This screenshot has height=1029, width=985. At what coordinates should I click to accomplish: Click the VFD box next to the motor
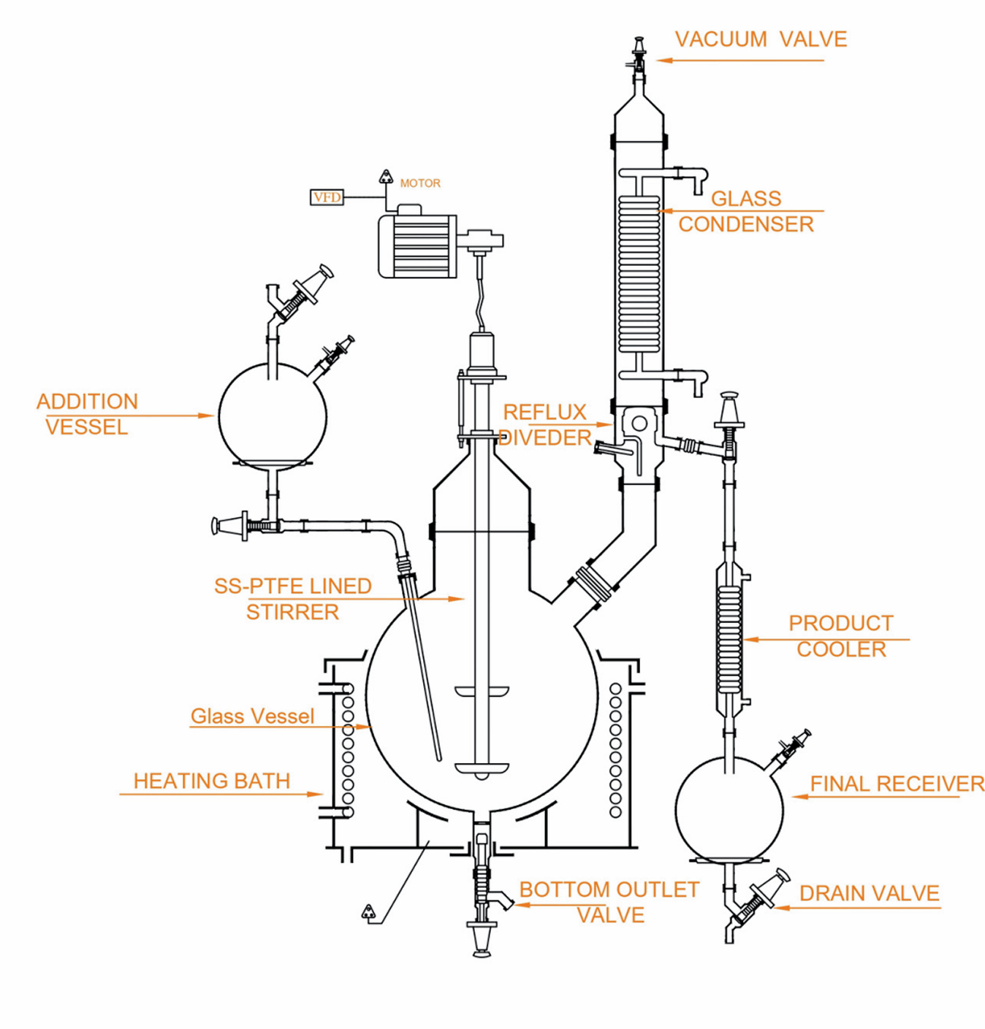click(x=327, y=197)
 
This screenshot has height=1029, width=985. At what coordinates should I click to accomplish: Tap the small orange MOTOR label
click(x=420, y=183)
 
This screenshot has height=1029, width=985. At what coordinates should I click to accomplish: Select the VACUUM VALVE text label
click(x=761, y=39)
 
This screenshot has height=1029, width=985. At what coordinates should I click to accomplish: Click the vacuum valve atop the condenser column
click(x=639, y=55)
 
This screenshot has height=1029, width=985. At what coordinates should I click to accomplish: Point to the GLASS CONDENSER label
click(x=746, y=211)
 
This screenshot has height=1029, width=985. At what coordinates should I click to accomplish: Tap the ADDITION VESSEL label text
click(x=87, y=414)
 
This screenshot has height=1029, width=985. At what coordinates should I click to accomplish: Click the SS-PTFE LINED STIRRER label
click(x=292, y=599)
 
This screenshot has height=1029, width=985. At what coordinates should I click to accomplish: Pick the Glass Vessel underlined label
click(x=252, y=716)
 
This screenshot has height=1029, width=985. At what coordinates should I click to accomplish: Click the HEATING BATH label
click(x=211, y=781)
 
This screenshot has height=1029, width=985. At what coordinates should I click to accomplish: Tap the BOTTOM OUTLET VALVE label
click(x=609, y=902)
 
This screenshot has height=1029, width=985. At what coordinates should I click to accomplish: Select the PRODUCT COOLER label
click(x=841, y=636)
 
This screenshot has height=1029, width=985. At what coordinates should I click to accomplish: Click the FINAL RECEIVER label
click(x=897, y=784)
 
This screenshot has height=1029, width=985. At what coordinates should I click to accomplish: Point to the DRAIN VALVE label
click(x=869, y=894)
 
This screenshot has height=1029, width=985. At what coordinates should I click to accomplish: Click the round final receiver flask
click(x=729, y=809)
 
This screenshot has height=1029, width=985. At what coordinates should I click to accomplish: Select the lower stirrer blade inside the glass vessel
click(x=481, y=768)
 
